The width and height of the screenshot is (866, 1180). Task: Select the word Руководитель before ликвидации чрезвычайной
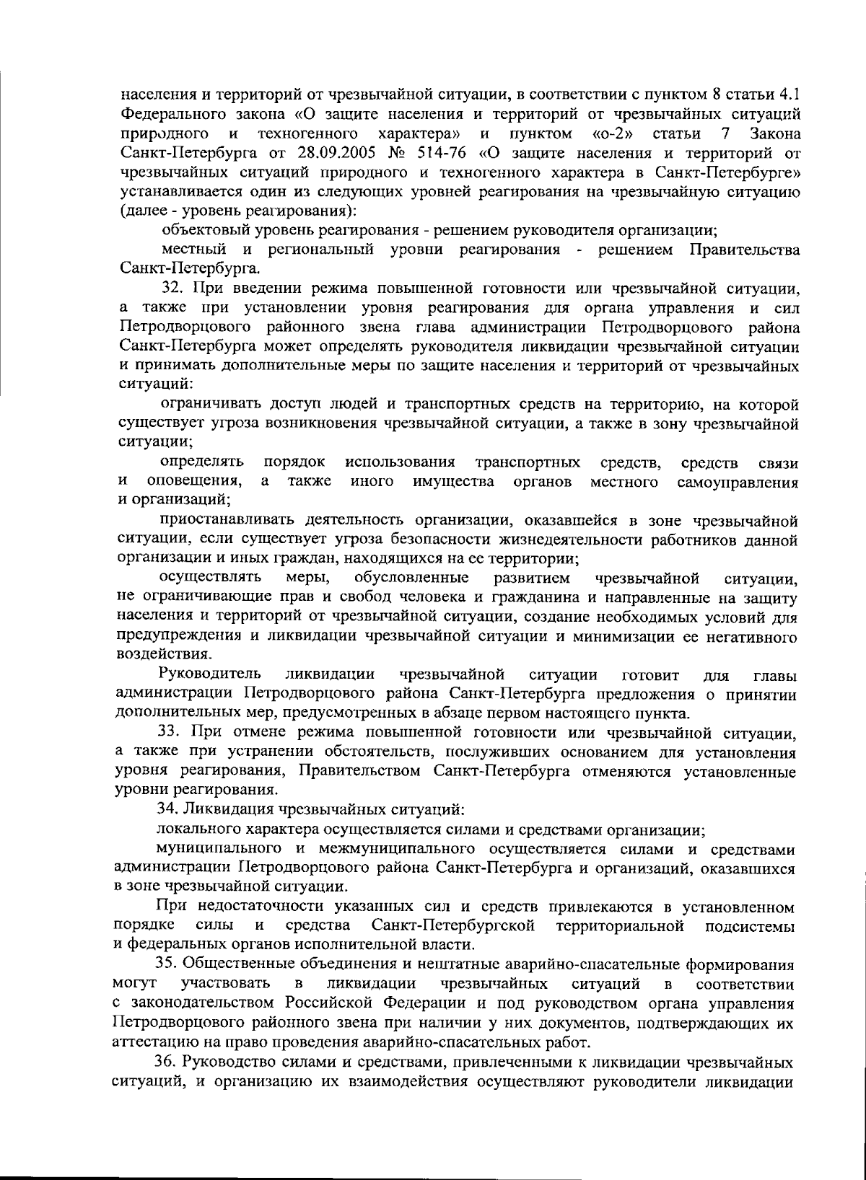[210, 675]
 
